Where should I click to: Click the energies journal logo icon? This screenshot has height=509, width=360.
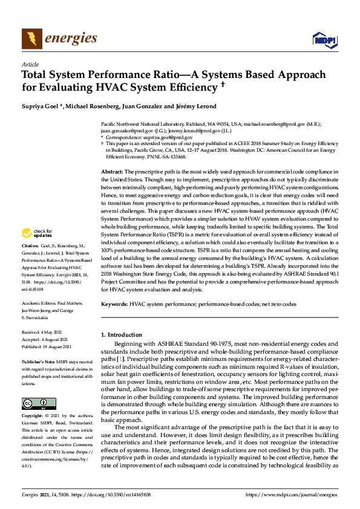[31, 39]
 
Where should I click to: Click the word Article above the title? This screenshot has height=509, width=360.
[30, 64]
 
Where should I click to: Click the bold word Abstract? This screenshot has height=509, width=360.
[113, 172]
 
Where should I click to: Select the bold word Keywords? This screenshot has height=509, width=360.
[115, 304]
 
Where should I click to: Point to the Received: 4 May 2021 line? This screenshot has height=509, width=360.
[41, 332]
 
